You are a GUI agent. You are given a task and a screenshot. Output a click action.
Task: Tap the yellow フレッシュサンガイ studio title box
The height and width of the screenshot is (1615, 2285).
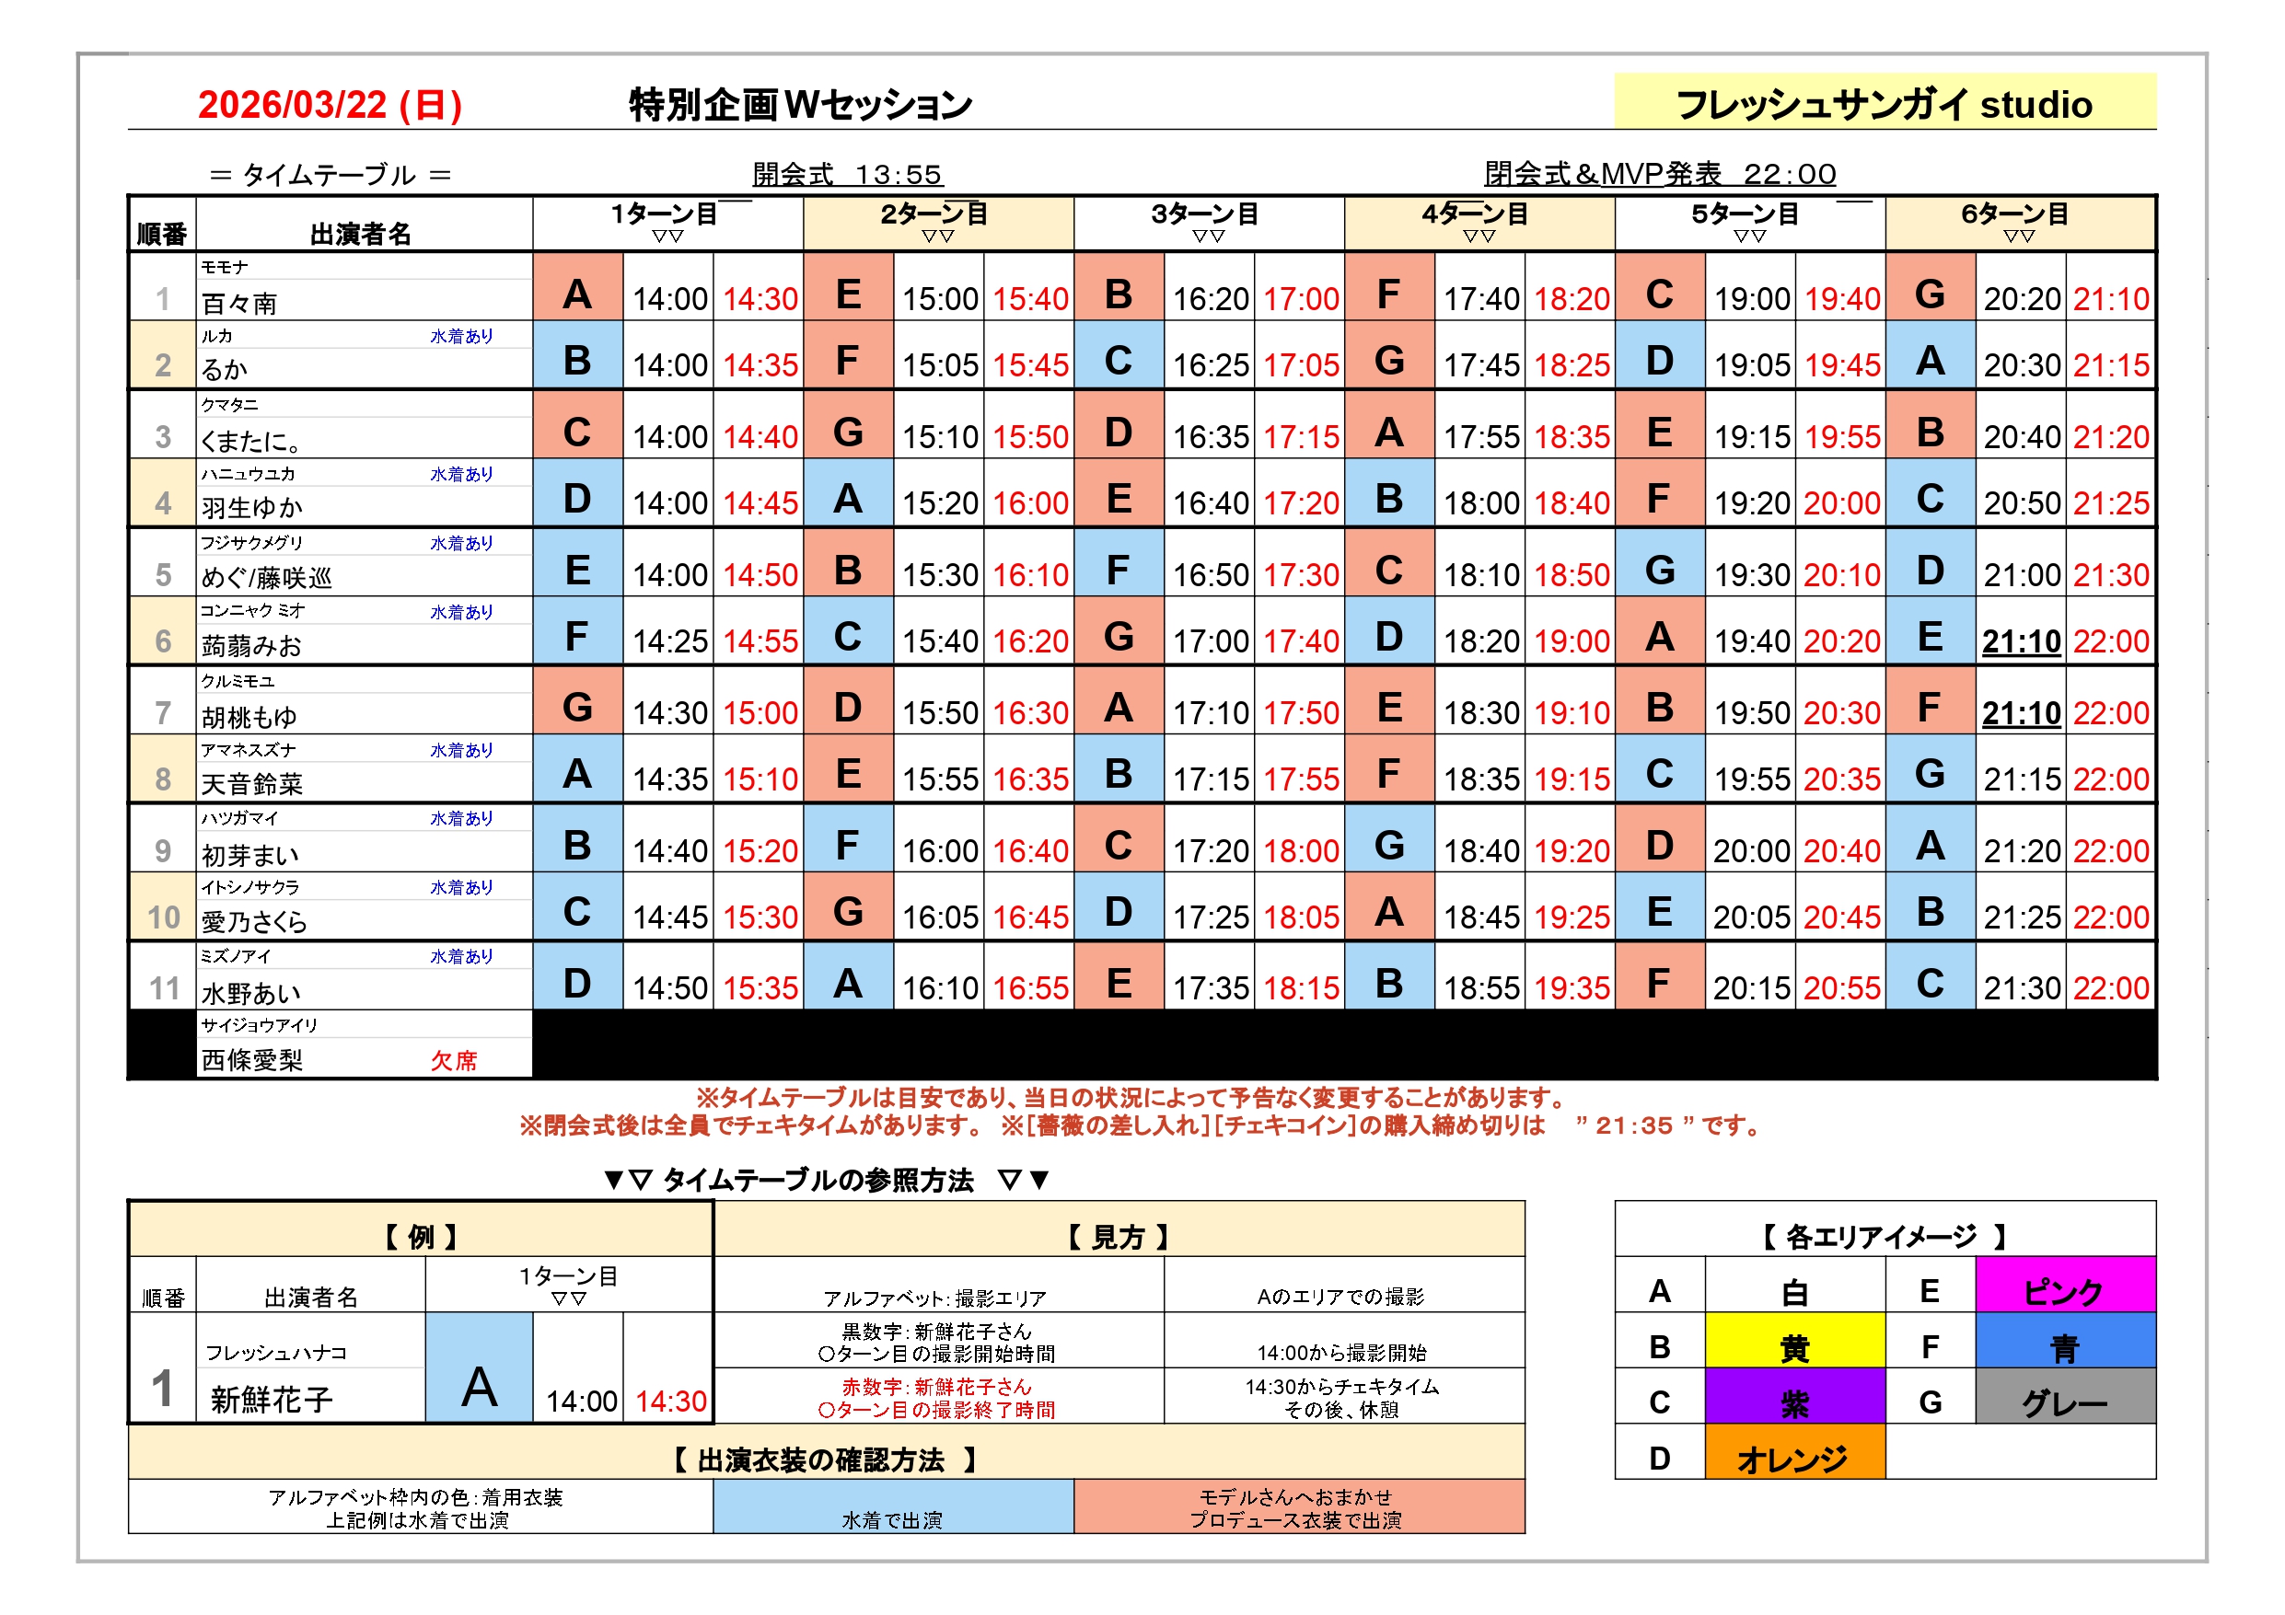(1883, 103)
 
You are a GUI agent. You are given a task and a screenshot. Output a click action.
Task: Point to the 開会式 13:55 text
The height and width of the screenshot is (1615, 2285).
(847, 174)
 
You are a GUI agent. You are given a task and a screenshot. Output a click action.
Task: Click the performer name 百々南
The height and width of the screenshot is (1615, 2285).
(240, 303)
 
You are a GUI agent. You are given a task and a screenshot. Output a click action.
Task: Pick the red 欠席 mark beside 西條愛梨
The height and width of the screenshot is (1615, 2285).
(454, 1061)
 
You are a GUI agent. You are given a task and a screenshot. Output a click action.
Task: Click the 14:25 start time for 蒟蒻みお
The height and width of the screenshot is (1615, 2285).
(670, 640)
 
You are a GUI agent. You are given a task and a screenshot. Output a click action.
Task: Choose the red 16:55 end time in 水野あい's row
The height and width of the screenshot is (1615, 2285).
(1030, 987)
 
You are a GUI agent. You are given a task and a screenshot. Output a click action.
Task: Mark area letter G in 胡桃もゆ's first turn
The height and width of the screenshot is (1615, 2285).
(577, 708)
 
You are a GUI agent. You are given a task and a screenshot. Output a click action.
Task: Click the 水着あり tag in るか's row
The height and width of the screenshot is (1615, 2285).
(461, 336)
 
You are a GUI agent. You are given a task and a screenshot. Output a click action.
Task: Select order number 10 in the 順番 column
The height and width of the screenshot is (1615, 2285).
(163, 917)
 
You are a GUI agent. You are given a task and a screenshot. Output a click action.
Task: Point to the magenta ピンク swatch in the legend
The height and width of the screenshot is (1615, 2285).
(2064, 1290)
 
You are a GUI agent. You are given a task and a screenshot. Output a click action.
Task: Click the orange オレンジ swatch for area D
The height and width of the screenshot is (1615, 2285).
(1793, 1459)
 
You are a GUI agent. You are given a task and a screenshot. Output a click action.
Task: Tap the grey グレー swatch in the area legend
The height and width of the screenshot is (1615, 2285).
(2064, 1402)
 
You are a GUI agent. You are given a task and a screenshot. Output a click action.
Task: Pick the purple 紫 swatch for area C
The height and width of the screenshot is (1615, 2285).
(1793, 1402)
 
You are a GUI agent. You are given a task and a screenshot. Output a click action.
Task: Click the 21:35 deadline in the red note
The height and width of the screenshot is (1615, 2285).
(1633, 1125)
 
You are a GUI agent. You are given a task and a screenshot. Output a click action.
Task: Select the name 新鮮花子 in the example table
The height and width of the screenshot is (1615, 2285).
(272, 1399)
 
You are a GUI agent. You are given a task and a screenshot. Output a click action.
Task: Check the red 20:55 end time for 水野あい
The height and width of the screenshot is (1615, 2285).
(1842, 987)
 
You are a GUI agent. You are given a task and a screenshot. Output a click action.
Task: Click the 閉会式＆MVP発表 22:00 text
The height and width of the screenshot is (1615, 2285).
(1659, 174)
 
